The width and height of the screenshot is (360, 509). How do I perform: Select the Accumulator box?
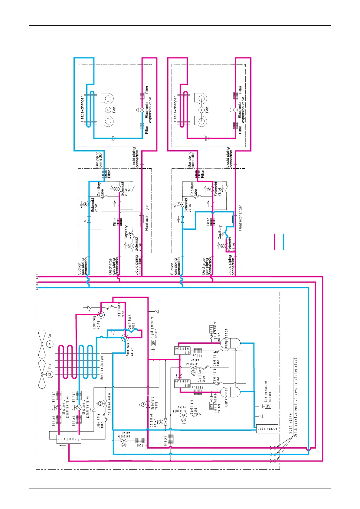(267, 429)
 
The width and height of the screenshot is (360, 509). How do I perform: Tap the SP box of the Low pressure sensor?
(268, 406)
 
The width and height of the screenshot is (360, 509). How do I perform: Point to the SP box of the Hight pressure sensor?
(153, 343)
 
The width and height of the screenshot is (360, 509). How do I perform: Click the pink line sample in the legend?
(275, 242)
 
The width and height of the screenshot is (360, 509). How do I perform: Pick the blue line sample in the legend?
(283, 242)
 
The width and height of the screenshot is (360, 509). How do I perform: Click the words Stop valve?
(290, 423)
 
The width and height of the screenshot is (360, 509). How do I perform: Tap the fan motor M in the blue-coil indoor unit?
(108, 110)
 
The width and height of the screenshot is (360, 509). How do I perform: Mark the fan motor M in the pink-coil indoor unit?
(201, 110)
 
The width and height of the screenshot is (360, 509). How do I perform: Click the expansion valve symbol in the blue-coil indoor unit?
(142, 110)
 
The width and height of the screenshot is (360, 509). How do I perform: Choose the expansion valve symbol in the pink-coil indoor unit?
(235, 110)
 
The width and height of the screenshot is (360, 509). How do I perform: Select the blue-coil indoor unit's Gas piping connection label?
(99, 160)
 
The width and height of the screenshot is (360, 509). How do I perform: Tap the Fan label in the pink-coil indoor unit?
(207, 109)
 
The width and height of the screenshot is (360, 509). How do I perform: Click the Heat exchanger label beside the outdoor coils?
(102, 367)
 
